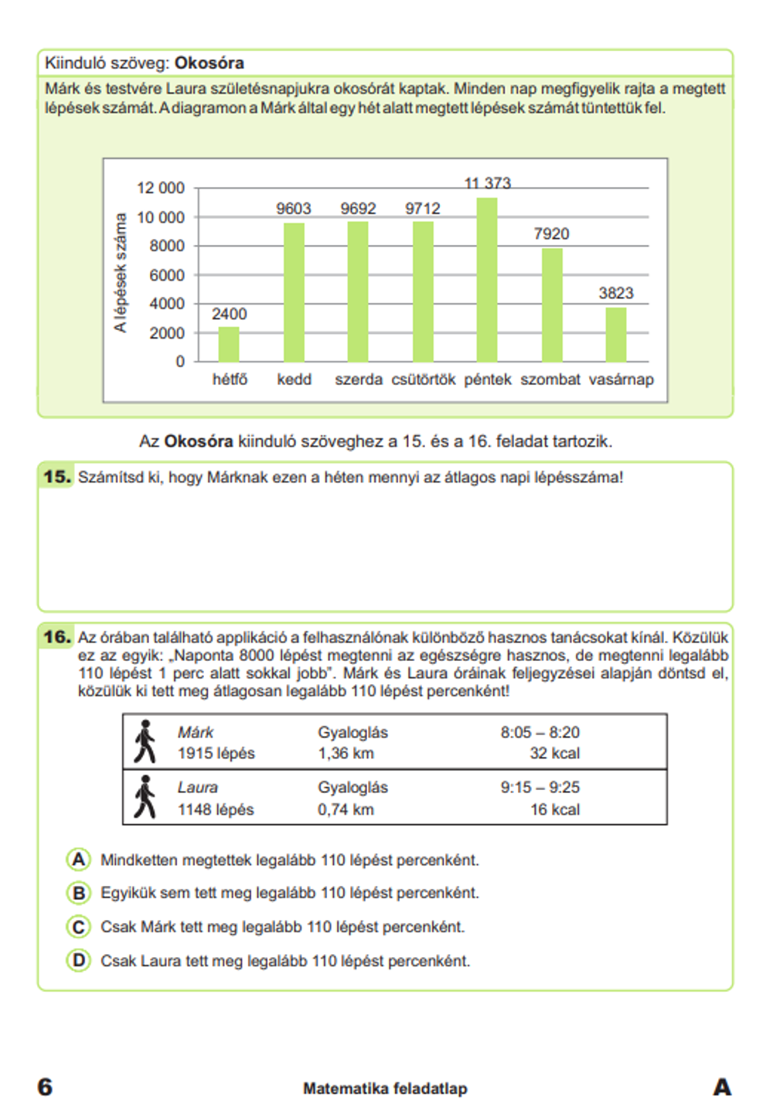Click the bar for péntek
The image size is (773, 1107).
coord(487,280)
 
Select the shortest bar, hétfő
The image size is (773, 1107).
coord(229,344)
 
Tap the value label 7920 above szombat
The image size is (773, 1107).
coord(551,233)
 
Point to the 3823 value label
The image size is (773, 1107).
coord(615,293)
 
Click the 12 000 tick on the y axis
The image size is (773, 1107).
coord(161,188)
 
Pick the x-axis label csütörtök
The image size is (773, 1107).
coord(423,380)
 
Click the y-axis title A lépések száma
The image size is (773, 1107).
coord(120,273)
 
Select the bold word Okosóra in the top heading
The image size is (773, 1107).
coord(209,63)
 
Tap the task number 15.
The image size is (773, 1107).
coord(56,477)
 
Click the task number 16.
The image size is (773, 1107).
coord(56,637)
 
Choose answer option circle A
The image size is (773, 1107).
coord(78,860)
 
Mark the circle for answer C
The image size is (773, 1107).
coord(78,926)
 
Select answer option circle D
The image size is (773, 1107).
coord(78,961)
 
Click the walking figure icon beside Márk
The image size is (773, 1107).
coord(145,741)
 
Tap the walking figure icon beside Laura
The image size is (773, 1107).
coord(145,797)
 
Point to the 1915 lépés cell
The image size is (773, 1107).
coord(216,753)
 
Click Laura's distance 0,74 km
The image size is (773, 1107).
coord(346,809)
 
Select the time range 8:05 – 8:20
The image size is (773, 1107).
coord(540,732)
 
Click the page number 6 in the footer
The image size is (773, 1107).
coord(46,1087)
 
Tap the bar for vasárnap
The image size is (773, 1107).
coord(615,335)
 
